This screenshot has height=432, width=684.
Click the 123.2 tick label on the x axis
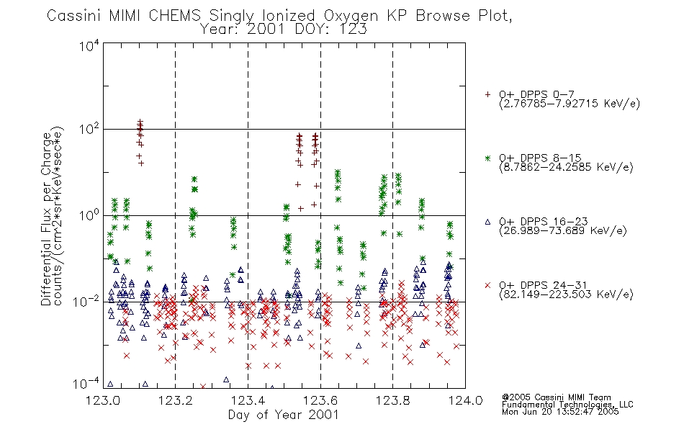176,400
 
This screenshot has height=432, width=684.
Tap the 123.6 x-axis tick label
320,400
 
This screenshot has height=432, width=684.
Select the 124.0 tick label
465,400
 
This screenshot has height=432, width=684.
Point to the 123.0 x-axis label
103,400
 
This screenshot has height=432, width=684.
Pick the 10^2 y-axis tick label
89,129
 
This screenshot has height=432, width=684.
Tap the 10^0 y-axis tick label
89,215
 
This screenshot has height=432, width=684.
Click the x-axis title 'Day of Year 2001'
284,415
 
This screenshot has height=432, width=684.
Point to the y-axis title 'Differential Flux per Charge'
46,219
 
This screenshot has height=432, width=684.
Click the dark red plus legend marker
487,94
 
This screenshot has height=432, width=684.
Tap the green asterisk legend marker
487,158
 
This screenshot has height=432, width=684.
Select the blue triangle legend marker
487,222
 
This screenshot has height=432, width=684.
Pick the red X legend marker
487,285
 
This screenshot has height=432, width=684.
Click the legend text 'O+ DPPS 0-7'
537,94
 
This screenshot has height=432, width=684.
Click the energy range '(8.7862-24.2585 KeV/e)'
566,167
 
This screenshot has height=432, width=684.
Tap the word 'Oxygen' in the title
351,16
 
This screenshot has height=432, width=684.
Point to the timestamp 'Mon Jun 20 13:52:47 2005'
560,412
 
